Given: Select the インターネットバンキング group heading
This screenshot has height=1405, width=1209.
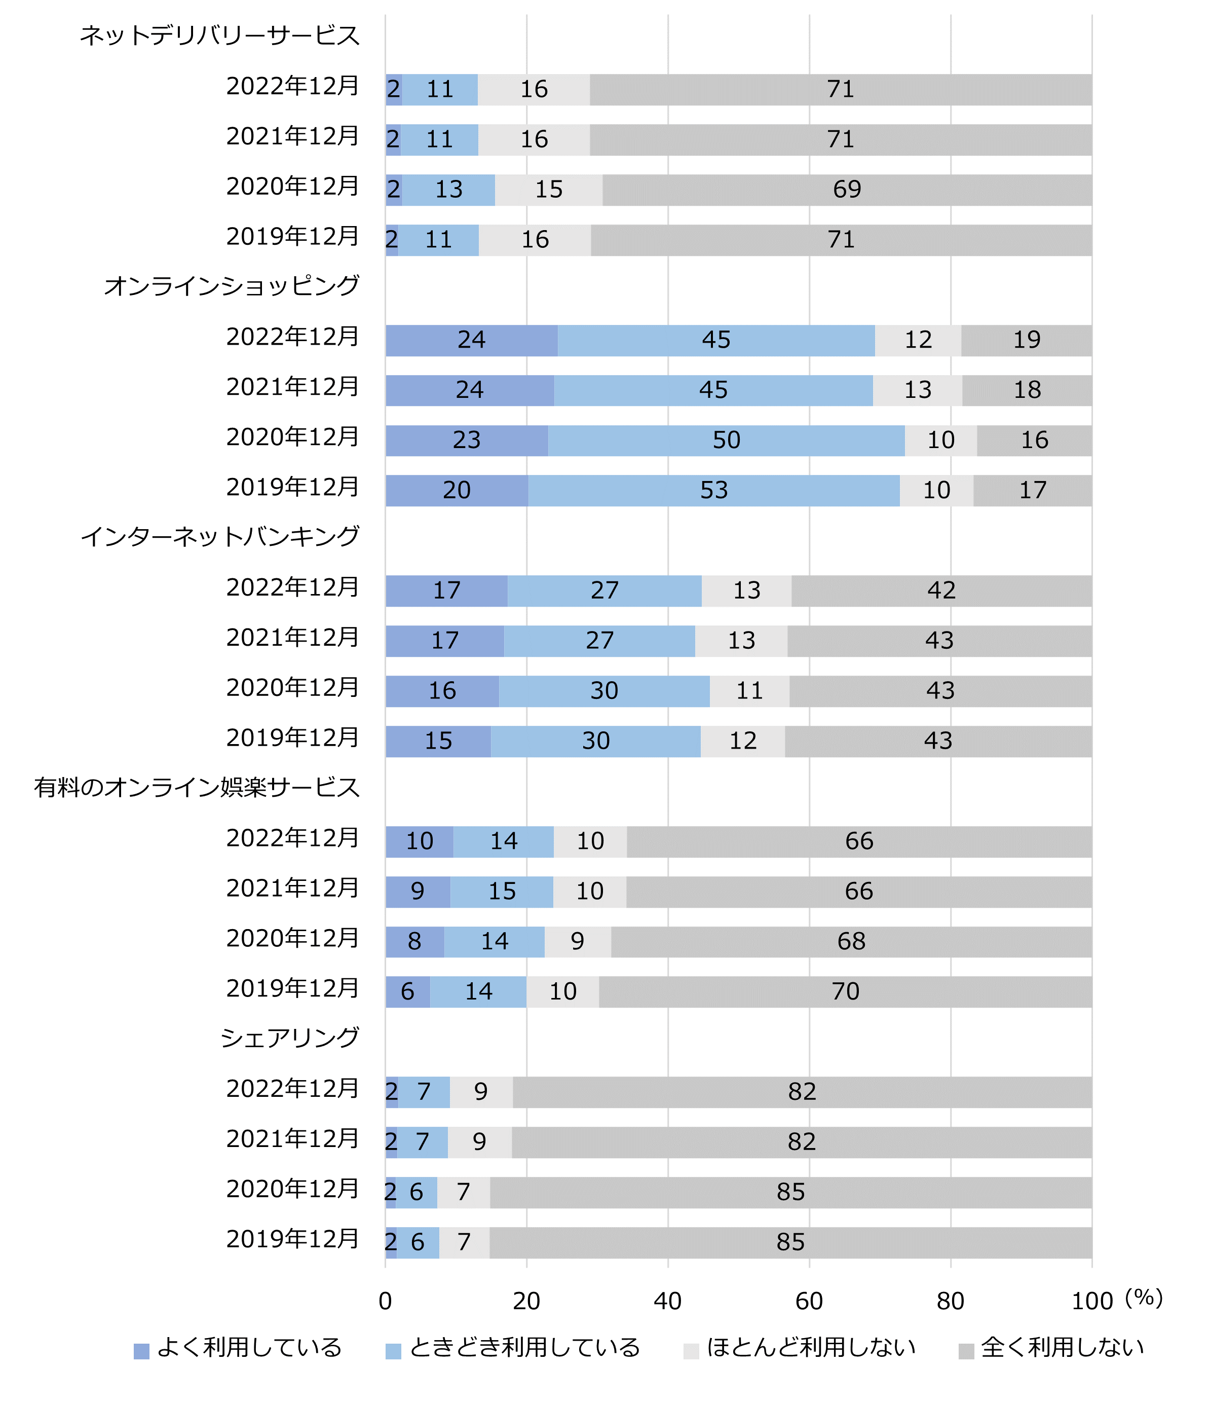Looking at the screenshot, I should coord(220,536).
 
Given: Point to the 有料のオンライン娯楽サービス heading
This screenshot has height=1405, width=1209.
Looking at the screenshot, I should coord(197,787).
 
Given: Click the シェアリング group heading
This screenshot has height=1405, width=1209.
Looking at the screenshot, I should coord(289,1038).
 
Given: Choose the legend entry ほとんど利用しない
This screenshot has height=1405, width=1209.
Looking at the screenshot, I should coord(811,1347).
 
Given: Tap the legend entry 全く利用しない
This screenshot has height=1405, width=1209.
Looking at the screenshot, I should coord(1063,1347).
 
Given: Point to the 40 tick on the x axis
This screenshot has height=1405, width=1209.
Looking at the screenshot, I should coord(667,1301).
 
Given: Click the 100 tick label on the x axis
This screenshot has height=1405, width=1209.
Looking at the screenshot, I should coord(1091,1301).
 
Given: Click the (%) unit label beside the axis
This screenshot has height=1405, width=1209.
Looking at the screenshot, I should coord(1144,1297).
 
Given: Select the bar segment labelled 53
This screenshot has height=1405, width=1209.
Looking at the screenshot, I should coord(714,490).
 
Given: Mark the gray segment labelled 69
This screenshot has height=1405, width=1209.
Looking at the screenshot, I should coord(847,190).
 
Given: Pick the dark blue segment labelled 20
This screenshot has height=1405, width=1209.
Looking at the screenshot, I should coord(457,490).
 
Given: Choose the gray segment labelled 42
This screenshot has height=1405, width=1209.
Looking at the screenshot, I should coord(941,590).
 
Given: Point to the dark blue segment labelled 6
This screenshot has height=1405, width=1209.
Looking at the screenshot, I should coord(407,992).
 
